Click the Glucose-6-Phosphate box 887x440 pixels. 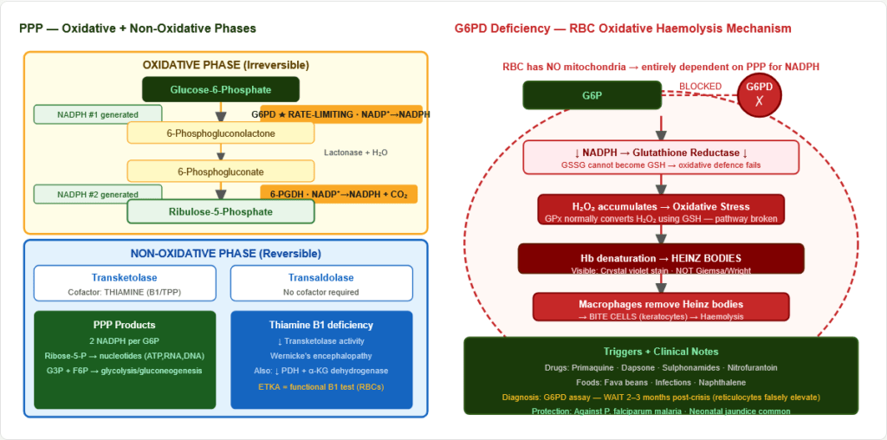pos(221,89)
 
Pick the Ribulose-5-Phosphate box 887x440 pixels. pos(221,211)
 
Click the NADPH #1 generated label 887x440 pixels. pos(97,114)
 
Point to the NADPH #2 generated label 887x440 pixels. pos(97,194)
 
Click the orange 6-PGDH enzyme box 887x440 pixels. pos(339,194)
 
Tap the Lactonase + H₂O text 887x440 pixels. pos(355,152)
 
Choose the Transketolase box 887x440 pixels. pos(125,283)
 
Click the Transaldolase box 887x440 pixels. pos(321,283)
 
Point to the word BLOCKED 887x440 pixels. pos(699,87)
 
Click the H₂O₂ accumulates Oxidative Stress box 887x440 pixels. pos(661,210)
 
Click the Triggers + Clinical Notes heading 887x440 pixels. pos(661,352)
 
